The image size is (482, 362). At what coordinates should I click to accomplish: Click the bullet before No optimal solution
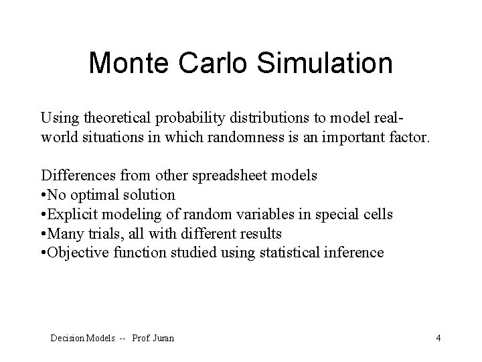44,195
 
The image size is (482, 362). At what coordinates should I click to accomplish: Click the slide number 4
438,338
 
